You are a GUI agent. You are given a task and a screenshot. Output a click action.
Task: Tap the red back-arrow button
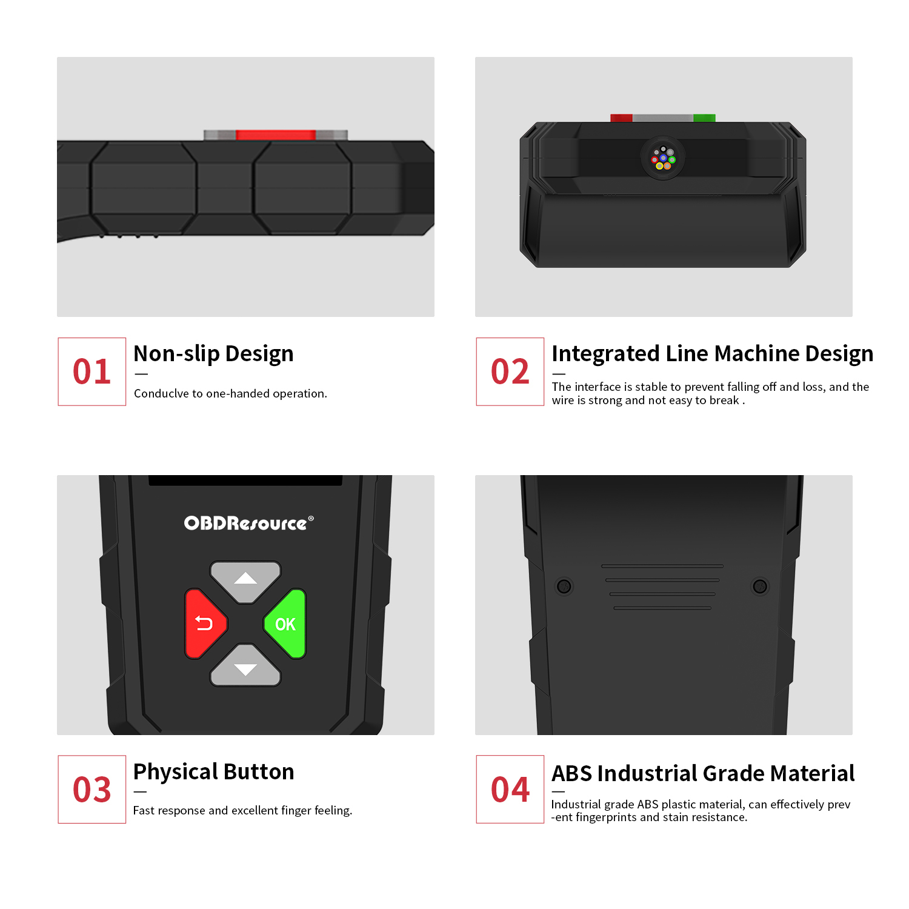click(204, 624)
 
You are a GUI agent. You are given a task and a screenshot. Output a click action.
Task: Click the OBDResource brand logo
click(248, 523)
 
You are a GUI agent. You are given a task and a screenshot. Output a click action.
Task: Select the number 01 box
click(92, 371)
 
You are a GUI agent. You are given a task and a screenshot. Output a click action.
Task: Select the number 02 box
click(510, 371)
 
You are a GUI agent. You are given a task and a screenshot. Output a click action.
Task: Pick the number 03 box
click(92, 789)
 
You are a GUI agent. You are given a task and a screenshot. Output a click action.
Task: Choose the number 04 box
click(510, 789)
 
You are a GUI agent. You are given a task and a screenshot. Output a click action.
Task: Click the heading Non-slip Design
click(213, 354)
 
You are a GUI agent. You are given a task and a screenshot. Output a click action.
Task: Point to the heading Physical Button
click(213, 772)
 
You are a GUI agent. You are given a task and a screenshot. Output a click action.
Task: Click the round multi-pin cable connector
click(664, 158)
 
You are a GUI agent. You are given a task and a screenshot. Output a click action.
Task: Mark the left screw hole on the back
click(564, 586)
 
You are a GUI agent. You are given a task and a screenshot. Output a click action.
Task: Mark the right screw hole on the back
click(760, 586)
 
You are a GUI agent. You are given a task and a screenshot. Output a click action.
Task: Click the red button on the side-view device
click(276, 135)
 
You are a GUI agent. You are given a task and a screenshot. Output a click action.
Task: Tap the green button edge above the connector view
click(704, 118)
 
